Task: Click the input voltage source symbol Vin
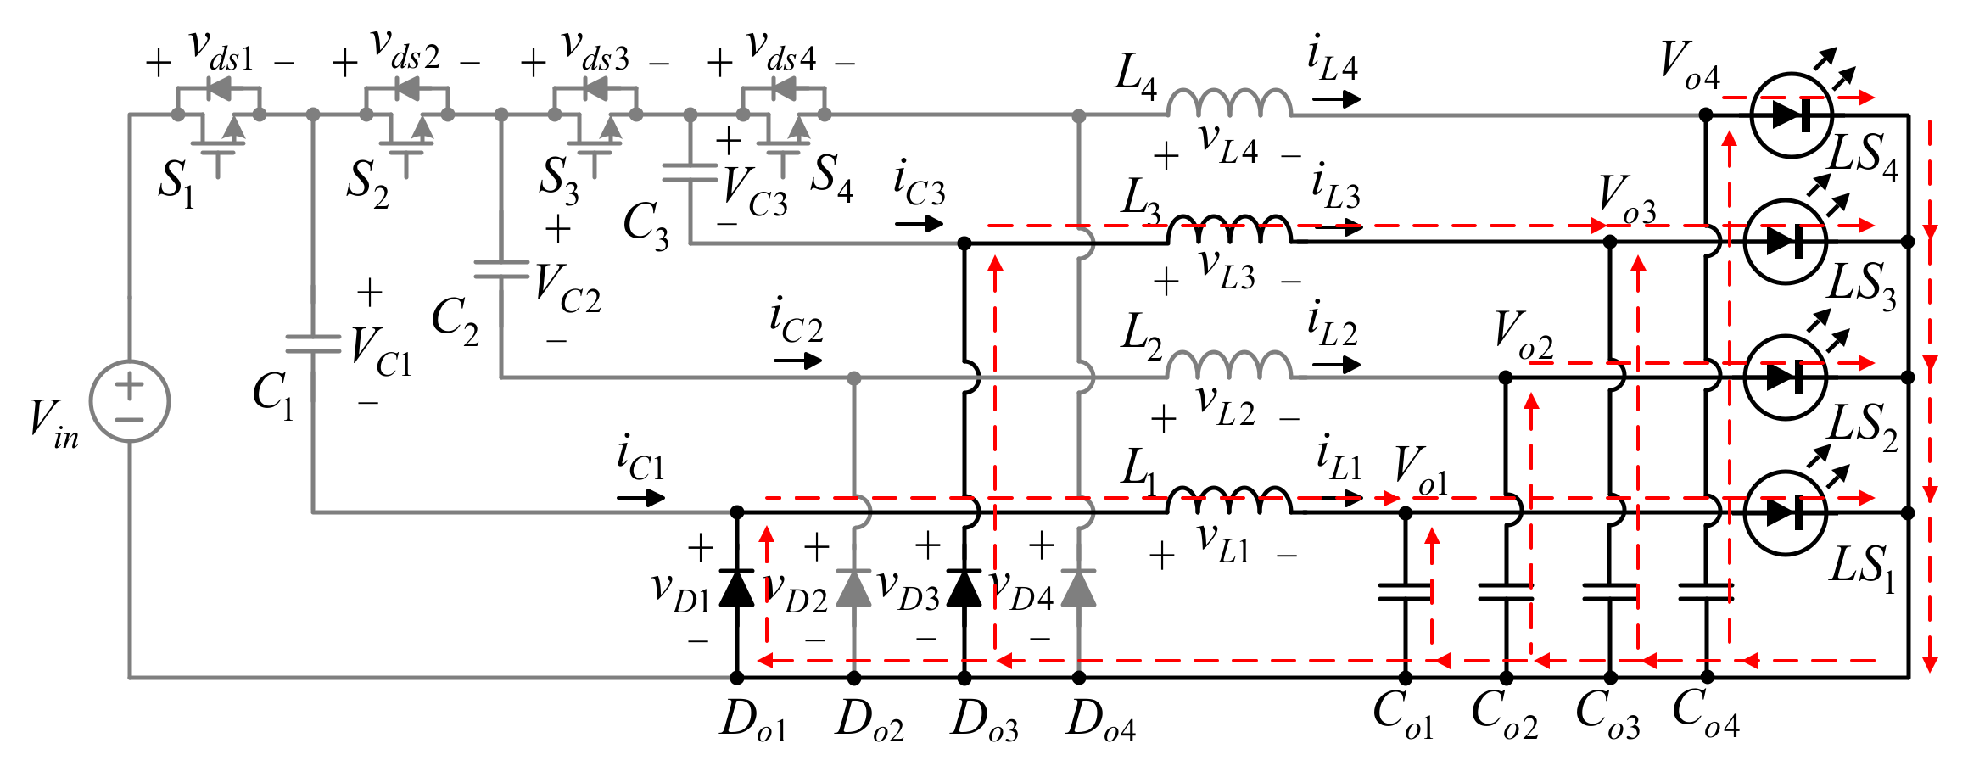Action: point(130,401)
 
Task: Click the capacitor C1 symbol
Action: point(313,344)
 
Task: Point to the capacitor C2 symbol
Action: point(501,270)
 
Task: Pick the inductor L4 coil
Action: point(1229,103)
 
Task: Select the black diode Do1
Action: point(736,588)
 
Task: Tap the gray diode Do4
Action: point(1078,588)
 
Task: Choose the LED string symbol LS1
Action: point(1786,512)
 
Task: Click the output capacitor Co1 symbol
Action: point(1405,591)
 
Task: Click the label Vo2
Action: point(1524,335)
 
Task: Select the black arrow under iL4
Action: point(1336,100)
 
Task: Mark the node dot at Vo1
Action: point(1405,512)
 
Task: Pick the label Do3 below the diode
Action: point(984,721)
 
